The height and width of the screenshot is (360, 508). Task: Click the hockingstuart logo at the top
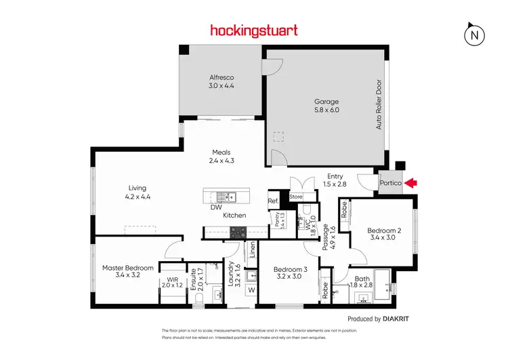(254, 31)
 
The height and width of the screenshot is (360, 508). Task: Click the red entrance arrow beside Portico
(412, 183)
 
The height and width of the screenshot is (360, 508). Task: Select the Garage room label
(326, 102)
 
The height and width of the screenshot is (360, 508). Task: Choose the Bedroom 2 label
(384, 231)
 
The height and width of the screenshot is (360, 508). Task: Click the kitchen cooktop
(238, 232)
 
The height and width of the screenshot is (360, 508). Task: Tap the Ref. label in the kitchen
(273, 201)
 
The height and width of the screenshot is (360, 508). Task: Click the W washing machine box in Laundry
(251, 290)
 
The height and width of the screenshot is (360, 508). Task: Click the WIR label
(169, 279)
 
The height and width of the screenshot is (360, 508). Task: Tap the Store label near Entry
(296, 197)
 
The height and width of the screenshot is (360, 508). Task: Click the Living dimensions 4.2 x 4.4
(137, 197)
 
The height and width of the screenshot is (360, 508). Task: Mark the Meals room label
(220, 153)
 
